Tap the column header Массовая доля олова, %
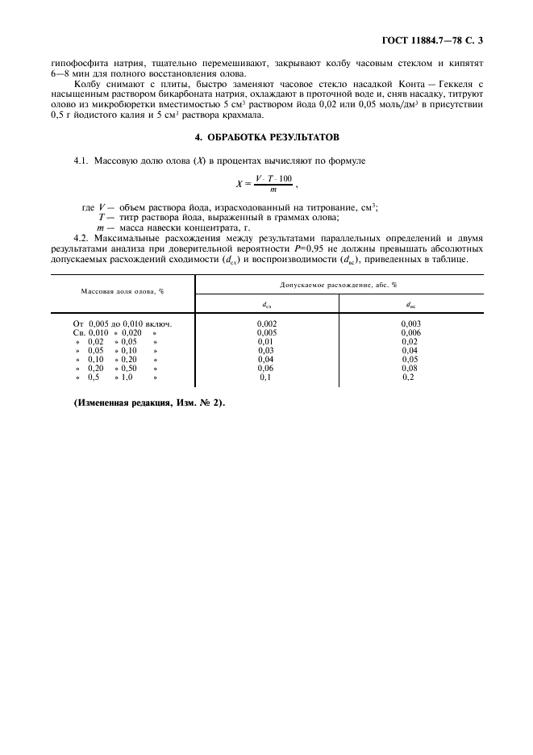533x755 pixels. point(122,291)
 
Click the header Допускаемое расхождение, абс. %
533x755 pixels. point(339,285)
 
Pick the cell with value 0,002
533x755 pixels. point(267,323)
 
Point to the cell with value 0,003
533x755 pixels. point(411,323)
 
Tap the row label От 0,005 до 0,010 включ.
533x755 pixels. point(123,323)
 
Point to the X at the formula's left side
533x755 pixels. point(239,184)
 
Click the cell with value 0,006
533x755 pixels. point(411,332)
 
